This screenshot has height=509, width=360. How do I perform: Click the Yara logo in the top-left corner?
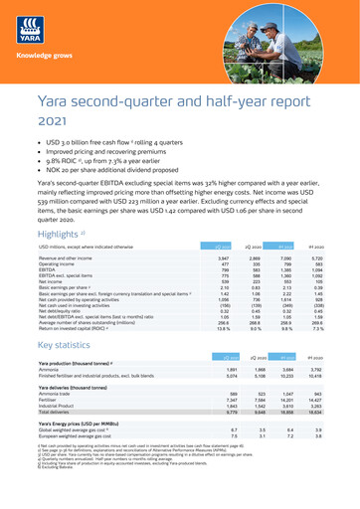pos(30,26)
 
